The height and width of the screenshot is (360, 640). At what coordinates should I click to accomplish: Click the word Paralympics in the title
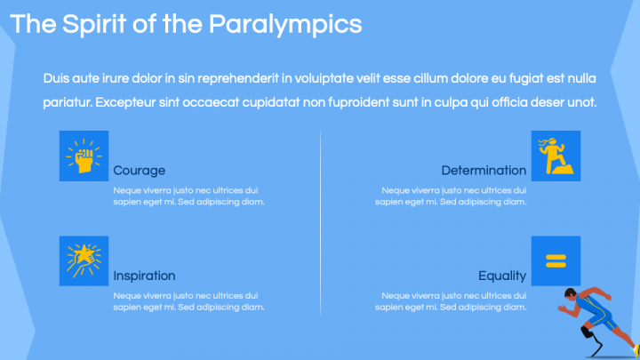[285, 24]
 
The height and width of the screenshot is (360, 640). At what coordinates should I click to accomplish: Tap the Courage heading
[140, 171]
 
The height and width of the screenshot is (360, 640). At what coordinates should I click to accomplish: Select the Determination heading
[484, 171]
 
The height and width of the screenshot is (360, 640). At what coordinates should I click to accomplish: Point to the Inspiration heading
[144, 276]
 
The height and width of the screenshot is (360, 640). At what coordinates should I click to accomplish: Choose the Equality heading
[502, 276]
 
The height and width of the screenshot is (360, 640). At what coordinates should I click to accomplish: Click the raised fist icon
[84, 156]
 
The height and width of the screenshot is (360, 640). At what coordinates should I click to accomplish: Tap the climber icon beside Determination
[556, 156]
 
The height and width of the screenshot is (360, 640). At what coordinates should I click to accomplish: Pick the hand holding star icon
[84, 260]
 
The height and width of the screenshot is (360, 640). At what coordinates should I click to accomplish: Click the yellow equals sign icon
[556, 260]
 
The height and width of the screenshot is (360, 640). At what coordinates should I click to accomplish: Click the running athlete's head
[571, 295]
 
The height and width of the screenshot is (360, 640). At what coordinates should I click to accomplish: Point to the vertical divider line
[320, 222]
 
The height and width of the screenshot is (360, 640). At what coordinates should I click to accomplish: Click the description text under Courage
[188, 196]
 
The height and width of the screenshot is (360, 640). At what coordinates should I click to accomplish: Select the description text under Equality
[451, 301]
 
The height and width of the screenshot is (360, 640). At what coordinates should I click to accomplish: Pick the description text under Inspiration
[188, 301]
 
